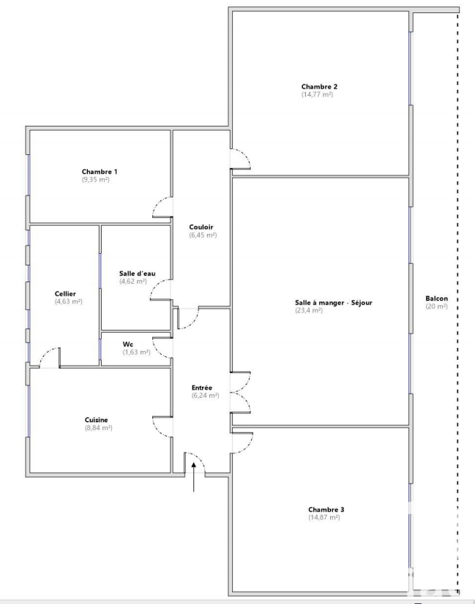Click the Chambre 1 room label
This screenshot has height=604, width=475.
100,172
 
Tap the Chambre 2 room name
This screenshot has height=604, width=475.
319,87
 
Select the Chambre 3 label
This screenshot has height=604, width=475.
326,510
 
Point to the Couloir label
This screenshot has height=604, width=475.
201,227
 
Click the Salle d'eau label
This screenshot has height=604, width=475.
138,273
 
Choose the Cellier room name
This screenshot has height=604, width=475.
65,294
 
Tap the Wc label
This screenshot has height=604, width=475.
128,344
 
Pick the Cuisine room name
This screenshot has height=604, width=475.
97,420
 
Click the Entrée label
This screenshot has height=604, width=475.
202,388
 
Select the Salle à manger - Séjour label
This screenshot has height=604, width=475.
334,303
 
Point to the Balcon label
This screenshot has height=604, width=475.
437,298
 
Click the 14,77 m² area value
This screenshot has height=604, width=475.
317,94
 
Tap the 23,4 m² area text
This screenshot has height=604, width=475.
309,311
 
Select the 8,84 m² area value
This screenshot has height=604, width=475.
99,428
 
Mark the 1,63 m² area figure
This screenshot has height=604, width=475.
136,352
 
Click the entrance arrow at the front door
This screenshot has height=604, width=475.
193,477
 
